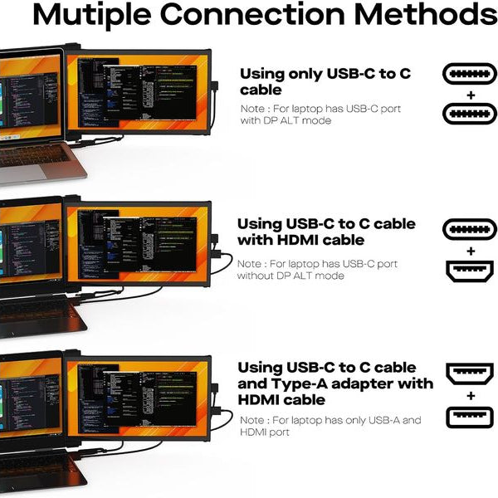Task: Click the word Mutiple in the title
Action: [100, 15]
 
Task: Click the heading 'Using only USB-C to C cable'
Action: [325, 81]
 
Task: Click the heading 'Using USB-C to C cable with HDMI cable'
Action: [326, 232]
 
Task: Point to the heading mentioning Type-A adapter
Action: [334, 383]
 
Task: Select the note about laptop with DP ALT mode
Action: [320, 115]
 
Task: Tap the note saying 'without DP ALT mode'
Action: [317, 270]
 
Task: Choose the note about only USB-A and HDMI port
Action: [330, 426]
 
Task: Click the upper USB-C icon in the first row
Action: [471, 75]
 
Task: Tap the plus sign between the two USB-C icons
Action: [471, 94]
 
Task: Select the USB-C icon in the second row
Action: [471, 230]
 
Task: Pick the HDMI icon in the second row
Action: [471, 271]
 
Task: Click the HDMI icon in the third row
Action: [471, 374]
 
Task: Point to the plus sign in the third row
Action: [471, 395]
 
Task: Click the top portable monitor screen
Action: [139, 94]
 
